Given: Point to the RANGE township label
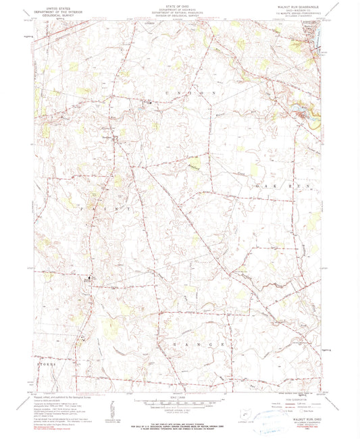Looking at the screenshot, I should click(x=196, y=344).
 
